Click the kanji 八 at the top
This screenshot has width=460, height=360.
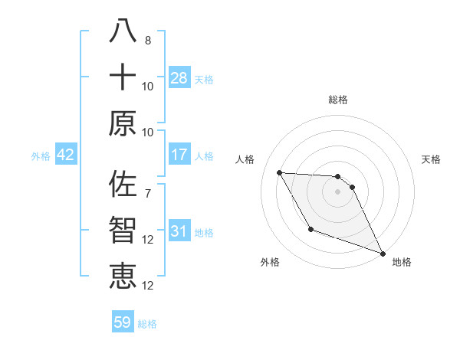(123, 31)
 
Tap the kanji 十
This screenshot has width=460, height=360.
(123, 77)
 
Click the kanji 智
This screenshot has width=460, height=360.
(123, 231)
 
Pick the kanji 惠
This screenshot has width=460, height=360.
(123, 277)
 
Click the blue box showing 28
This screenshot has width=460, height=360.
(179, 77)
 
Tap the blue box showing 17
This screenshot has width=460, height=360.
(179, 155)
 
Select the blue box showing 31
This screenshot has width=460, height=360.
(179, 231)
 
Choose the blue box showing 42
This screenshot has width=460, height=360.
(66, 155)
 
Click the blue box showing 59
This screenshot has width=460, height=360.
(123, 322)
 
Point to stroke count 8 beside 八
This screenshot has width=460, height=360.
(148, 40)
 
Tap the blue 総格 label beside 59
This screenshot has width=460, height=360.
(147, 323)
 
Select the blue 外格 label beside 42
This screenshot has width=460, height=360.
(41, 155)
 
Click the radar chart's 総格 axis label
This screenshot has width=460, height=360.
(338, 100)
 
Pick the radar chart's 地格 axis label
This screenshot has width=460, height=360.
(402, 262)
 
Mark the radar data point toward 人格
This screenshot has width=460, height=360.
(280, 172)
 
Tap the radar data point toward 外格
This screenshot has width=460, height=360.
(310, 229)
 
